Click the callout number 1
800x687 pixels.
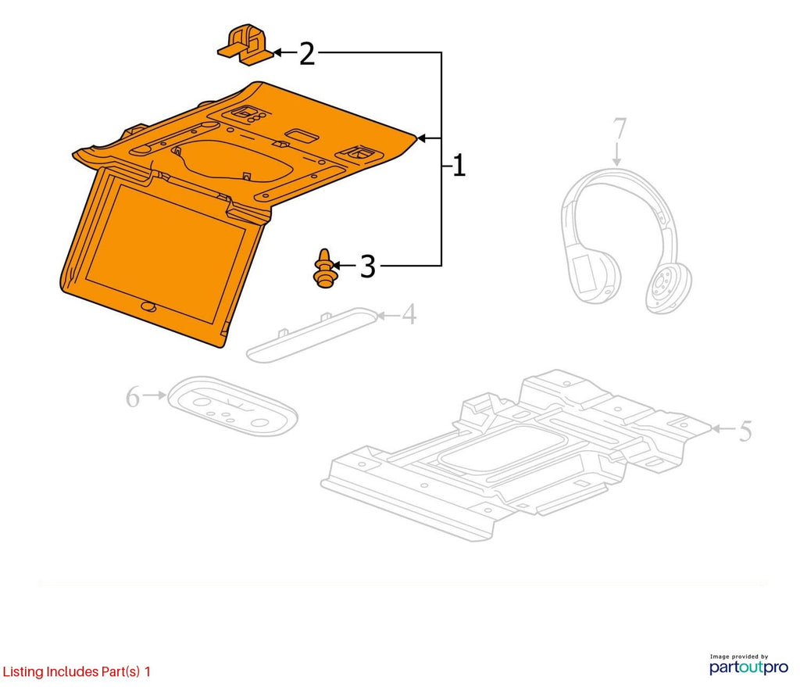coord(459,166)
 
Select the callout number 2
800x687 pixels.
coord(306,54)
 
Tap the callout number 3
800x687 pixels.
coord(367,266)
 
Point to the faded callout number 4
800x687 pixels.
coord(409,314)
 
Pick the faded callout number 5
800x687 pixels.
coord(745,431)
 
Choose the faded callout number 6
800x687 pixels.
coord(132,397)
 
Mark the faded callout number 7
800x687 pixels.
coord(619,129)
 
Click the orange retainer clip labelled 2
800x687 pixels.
coord(245,45)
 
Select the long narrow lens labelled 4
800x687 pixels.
coord(312,335)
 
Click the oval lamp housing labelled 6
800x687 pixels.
coord(233,406)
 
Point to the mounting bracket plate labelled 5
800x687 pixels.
coord(516,454)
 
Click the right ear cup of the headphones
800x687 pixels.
coord(669,287)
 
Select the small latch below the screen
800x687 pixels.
coord(148,306)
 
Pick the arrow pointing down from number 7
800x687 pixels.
coord(617,155)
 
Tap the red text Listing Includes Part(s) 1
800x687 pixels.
coord(77,671)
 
